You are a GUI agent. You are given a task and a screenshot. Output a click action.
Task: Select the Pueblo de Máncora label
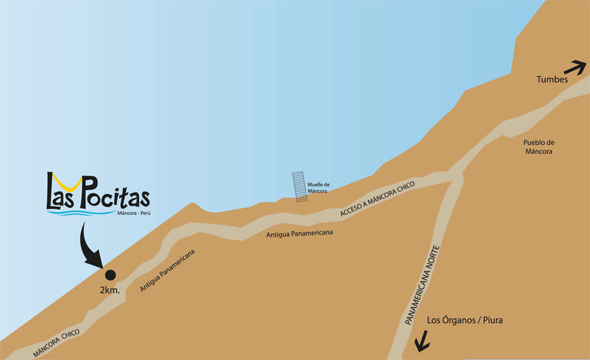540,147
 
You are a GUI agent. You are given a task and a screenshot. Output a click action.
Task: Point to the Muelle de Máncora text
317,188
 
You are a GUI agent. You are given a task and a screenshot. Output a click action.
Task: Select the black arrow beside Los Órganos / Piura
421,340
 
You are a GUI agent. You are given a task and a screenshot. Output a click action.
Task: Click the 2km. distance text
110,289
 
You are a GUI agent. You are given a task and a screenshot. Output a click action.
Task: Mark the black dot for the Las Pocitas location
110,275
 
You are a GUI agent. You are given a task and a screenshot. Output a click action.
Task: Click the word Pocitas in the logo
115,196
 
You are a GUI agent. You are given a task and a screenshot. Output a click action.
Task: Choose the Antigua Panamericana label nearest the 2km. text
168,270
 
